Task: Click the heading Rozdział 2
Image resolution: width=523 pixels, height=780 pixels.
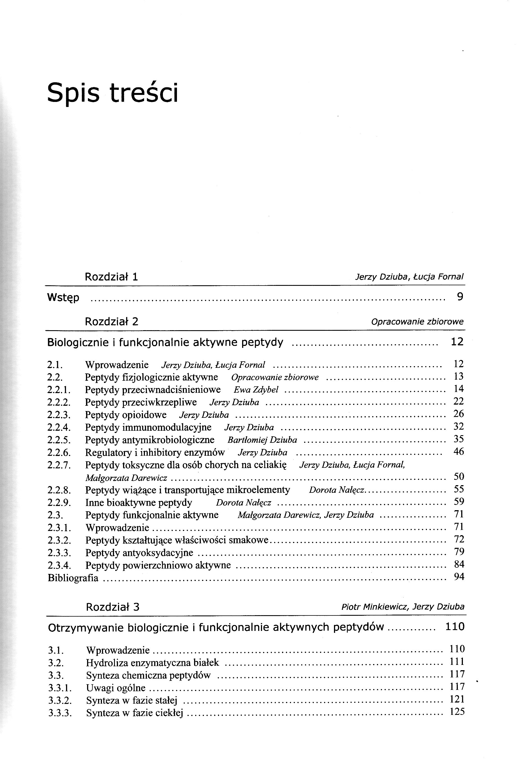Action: point(112,322)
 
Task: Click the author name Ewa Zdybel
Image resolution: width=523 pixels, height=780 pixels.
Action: point(256,390)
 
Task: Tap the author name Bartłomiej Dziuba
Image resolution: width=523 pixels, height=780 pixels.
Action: point(262,440)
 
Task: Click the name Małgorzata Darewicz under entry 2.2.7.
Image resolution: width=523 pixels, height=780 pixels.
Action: point(126,478)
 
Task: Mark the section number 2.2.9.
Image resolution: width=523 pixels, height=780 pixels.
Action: point(59,503)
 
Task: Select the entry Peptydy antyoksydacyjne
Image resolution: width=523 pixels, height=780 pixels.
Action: point(139,553)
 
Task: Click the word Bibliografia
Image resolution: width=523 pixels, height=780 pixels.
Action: point(73,578)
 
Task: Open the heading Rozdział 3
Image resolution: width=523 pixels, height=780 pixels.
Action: point(112,607)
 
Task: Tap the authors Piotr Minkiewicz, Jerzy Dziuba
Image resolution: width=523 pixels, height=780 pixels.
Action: point(403,607)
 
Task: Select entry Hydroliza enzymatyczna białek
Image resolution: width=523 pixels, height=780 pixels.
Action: point(153,663)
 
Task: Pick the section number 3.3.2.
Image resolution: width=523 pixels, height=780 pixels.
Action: point(60,701)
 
